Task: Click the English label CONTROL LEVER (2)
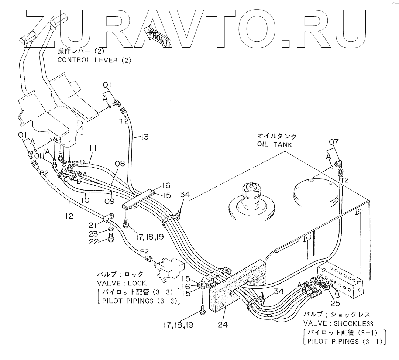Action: click(94, 60)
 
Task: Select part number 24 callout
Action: click(223, 325)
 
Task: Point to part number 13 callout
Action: click(144, 137)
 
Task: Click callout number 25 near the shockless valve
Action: click(335, 304)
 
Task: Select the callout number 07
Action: click(334, 142)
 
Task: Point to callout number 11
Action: click(93, 148)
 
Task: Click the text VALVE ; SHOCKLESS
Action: click(338, 324)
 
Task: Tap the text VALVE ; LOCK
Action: click(120, 283)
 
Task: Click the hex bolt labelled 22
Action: click(110, 240)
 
